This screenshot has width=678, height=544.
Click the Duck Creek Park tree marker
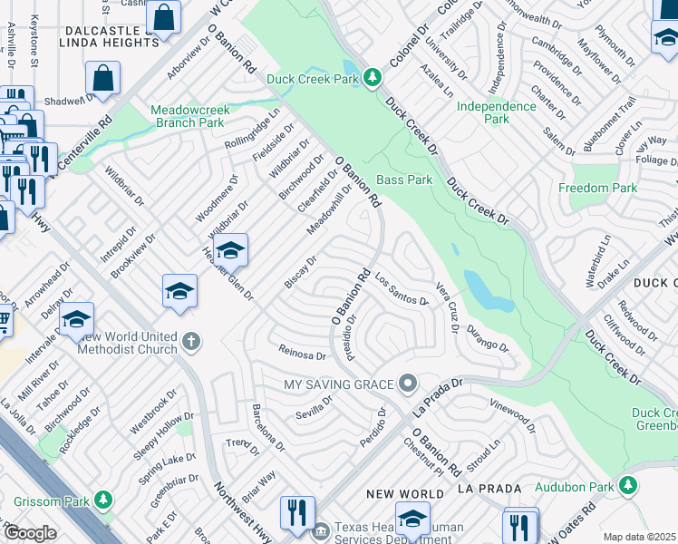372,78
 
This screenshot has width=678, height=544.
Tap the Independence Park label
496,112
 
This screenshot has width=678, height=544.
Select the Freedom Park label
598,189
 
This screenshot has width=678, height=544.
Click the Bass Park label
404,180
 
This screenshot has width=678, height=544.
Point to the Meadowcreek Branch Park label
187,115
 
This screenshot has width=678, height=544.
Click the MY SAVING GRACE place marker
408,384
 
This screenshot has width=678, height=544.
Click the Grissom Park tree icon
103,500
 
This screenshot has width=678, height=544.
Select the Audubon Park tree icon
627,487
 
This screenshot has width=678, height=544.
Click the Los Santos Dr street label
400,290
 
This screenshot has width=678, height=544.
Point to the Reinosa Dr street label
302,354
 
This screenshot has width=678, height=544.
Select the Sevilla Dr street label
315,405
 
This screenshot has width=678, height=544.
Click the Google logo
31,533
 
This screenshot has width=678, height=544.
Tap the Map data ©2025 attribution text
639,537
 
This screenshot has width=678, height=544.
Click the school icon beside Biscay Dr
230,250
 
